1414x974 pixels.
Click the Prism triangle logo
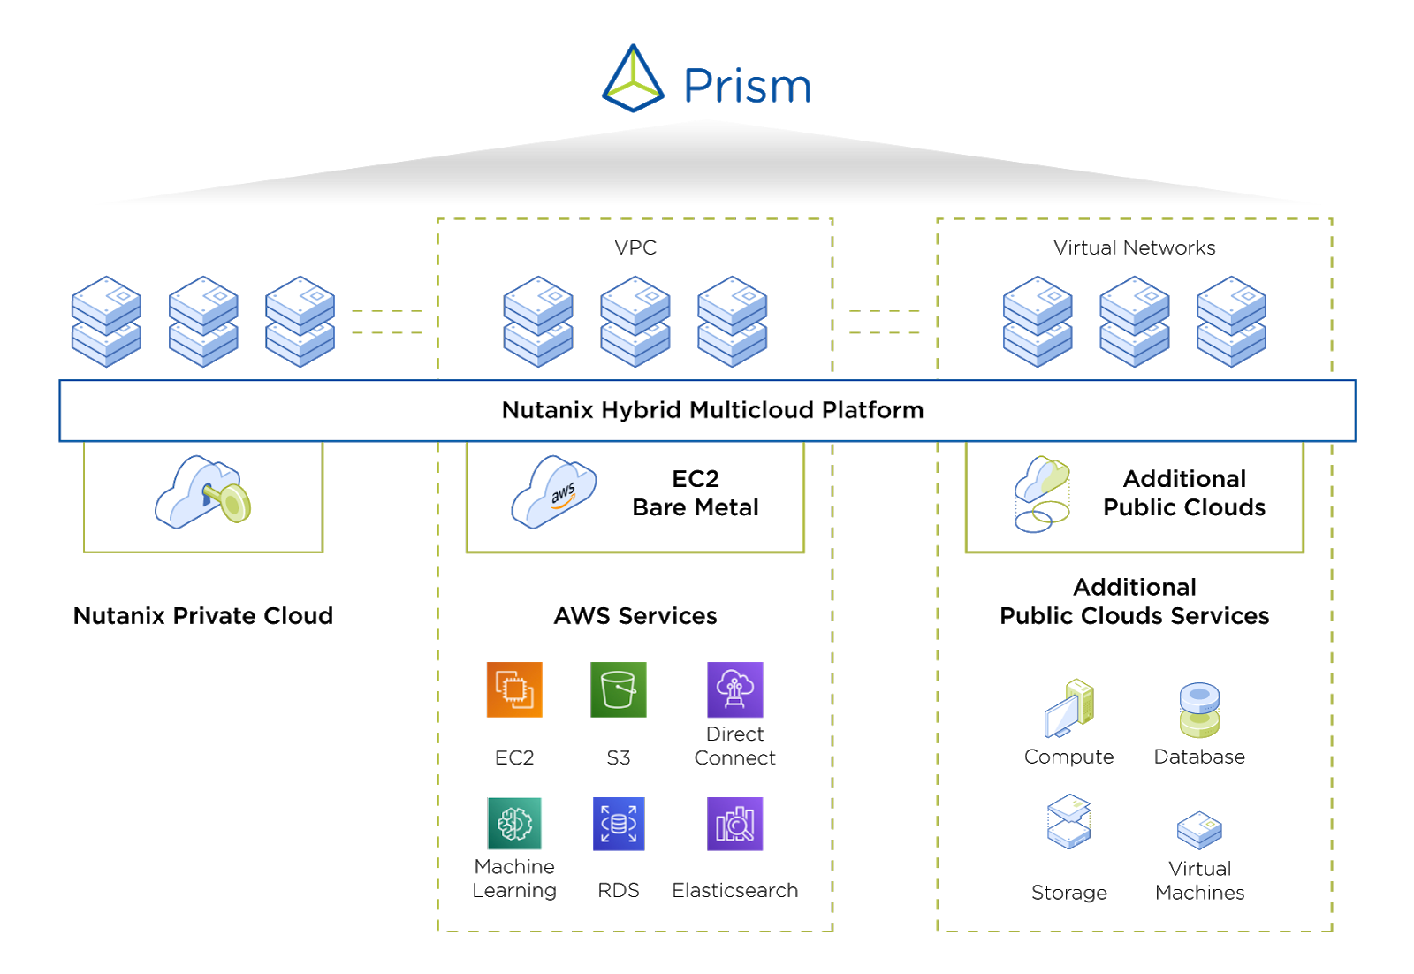[x=632, y=80]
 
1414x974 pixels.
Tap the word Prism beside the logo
[x=747, y=87]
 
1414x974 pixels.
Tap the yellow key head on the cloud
[x=235, y=505]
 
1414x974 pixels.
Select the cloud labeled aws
[x=553, y=492]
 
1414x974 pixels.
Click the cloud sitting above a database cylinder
[x=1042, y=479]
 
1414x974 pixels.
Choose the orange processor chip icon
[x=514, y=689]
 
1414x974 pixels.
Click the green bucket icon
[x=618, y=689]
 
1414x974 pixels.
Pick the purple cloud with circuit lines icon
[x=734, y=689]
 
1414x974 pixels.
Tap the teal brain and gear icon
[x=514, y=824]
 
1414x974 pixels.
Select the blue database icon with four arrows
[x=618, y=824]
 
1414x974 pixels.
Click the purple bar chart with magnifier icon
[x=734, y=824]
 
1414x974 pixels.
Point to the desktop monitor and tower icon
[x=1068, y=709]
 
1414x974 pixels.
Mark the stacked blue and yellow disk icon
[x=1199, y=711]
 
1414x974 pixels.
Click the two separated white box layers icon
[x=1068, y=822]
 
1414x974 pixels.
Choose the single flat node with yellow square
[x=1199, y=830]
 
